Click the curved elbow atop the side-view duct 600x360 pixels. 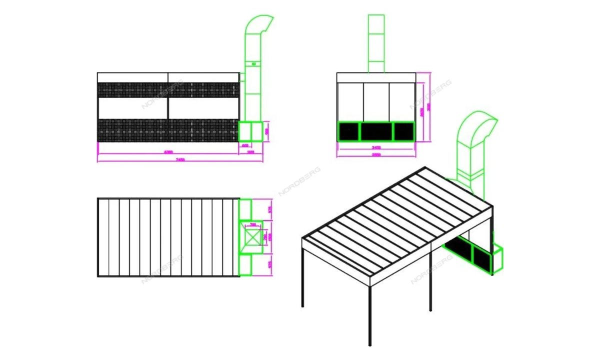click(x=259, y=25)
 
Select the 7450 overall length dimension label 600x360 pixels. click(x=180, y=159)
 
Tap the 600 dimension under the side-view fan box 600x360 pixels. click(x=245, y=145)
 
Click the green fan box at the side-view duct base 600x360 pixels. click(x=250, y=131)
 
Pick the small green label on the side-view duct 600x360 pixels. click(x=254, y=64)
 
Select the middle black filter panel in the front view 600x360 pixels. click(x=376, y=131)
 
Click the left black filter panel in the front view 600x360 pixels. click(x=349, y=131)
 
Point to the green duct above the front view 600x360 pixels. click(x=376, y=43)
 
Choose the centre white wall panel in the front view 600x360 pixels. click(x=376, y=102)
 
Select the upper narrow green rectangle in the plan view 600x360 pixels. click(x=245, y=209)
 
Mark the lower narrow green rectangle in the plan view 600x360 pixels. click(x=245, y=264)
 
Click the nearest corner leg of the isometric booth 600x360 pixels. click(x=370, y=315)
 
